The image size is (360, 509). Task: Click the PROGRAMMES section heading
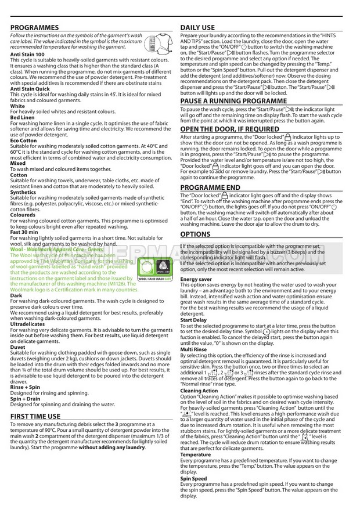click(x=34, y=27)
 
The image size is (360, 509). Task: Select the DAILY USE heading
click(x=197, y=27)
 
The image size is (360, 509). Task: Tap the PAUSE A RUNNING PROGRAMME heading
click(x=225, y=100)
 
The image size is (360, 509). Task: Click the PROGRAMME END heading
click(x=210, y=187)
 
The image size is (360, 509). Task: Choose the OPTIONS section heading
click(x=195, y=234)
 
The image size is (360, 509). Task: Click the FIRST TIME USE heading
click(x=35, y=416)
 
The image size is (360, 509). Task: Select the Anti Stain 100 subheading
click(x=27, y=54)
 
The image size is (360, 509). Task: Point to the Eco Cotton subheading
click(x=23, y=140)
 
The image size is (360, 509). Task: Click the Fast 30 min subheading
click(x=24, y=232)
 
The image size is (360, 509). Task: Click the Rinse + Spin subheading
click(x=26, y=386)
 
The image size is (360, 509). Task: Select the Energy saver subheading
click(x=196, y=279)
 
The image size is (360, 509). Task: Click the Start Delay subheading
click(x=193, y=320)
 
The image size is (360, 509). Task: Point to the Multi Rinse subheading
click(x=194, y=350)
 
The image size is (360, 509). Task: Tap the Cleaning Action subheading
click(x=199, y=391)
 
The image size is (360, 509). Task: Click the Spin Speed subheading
click(x=193, y=479)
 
